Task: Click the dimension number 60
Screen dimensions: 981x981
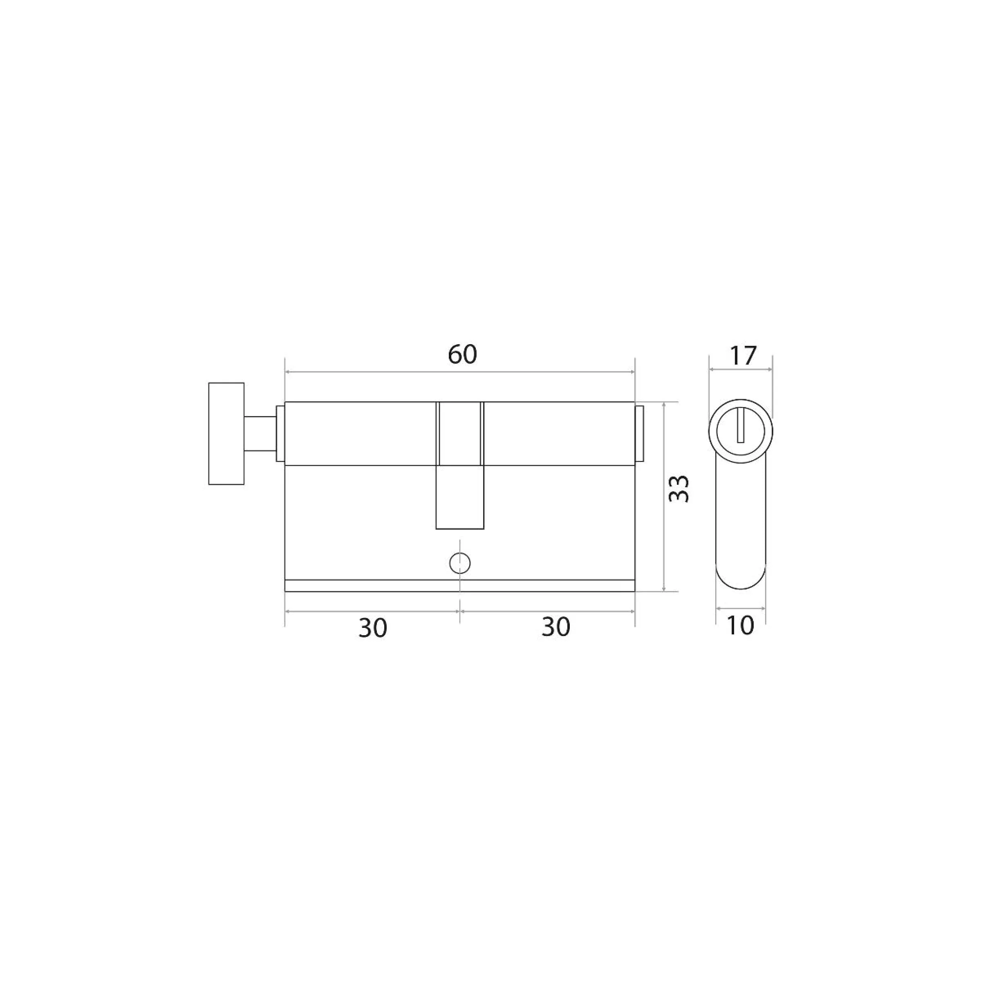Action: tap(462, 354)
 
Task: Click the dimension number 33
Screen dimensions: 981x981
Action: tap(679, 488)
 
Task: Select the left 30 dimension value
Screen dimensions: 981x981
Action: tap(373, 628)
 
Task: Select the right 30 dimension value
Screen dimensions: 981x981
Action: tap(555, 627)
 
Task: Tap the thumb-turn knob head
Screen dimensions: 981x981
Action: tap(226, 434)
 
